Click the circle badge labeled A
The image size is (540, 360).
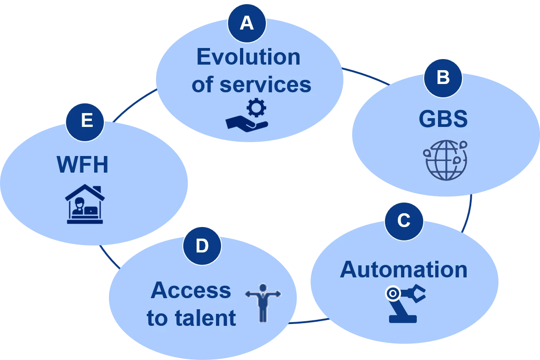pos(247,23)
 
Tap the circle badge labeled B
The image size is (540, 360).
pos(443,78)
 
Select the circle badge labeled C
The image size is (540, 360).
pos(404,221)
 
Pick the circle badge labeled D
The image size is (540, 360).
pos(202,246)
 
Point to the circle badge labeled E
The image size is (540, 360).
pos(85,121)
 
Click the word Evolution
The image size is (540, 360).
pos(248,57)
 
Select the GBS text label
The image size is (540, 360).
pos(443,119)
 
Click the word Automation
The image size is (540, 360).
pos(404,270)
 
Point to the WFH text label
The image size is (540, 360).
pos(83,164)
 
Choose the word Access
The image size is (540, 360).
pos(191,290)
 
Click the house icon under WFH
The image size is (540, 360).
pos(85,204)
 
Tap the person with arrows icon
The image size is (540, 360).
pos(263,303)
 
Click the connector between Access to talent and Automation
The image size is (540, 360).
pos(308,321)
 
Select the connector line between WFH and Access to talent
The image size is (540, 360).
pos(110,257)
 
